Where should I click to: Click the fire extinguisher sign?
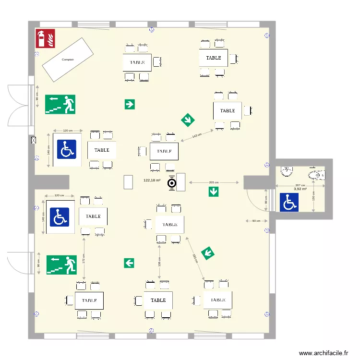45,38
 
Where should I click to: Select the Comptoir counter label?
69,60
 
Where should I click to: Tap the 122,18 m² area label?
152,180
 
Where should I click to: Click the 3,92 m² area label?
300,189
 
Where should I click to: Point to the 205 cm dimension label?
214,182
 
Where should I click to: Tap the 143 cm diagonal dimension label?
197,136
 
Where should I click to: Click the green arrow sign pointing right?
130,104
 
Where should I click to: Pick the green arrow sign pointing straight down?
214,192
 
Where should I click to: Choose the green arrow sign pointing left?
129,263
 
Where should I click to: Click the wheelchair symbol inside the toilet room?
289,203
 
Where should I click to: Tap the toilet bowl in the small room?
318,175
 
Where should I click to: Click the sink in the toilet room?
287,169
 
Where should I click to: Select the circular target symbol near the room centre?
171,183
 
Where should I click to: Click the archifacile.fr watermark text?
323,353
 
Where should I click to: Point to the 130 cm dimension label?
313,195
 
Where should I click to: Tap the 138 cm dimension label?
159,262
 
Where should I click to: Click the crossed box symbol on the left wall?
33,141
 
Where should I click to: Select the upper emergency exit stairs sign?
60,104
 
